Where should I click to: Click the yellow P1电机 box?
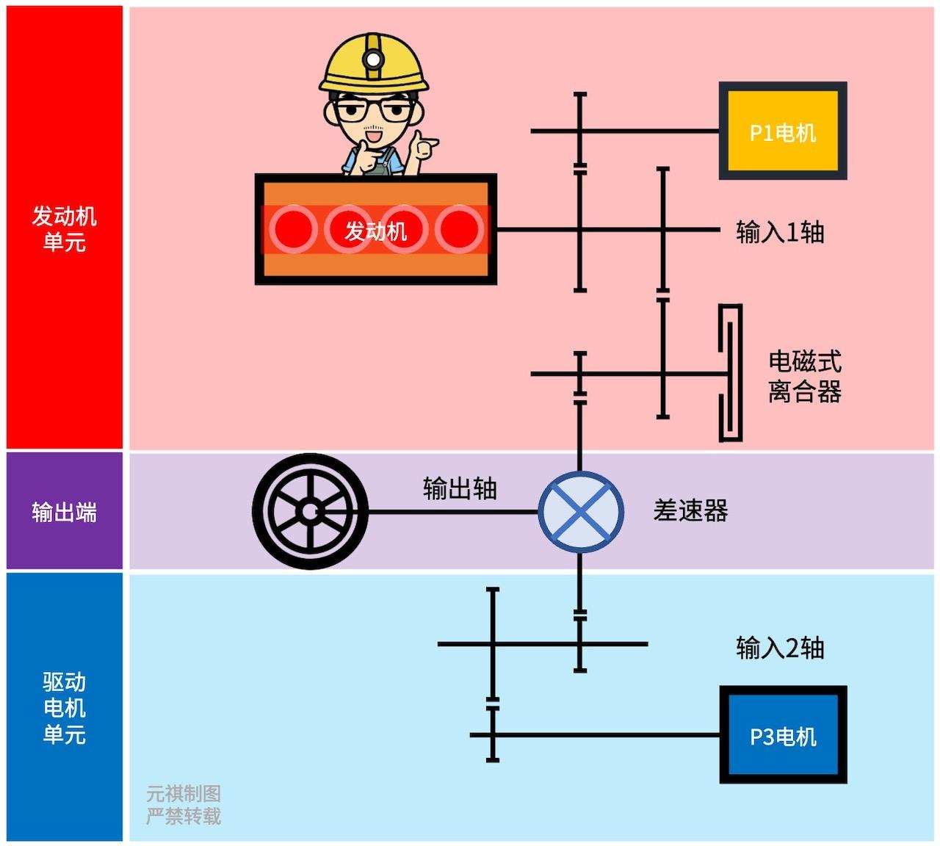pyautogui.click(x=783, y=131)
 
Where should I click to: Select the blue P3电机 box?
pyautogui.click(x=783, y=735)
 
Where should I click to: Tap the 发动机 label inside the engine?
pyautogui.click(x=376, y=231)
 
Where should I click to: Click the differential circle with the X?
pyautogui.click(x=581, y=512)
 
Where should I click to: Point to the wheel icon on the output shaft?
pyautogui.click(x=310, y=512)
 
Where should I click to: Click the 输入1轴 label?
pyautogui.click(x=780, y=232)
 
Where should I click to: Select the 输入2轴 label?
pyautogui.click(x=780, y=648)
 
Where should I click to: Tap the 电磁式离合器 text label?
pyautogui.click(x=804, y=376)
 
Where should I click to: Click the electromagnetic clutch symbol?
pyautogui.click(x=730, y=373)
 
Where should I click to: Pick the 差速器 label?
pyautogui.click(x=690, y=510)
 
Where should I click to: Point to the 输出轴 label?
pyautogui.click(x=460, y=488)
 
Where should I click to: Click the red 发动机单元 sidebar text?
pyautogui.click(x=64, y=228)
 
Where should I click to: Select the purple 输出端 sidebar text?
pyautogui.click(x=64, y=512)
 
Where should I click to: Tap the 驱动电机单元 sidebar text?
pyautogui.click(x=64, y=708)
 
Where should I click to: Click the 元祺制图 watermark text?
pyautogui.click(x=183, y=794)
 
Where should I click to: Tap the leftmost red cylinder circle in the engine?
pyautogui.click(x=292, y=230)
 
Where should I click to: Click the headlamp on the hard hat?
pyautogui.click(x=374, y=58)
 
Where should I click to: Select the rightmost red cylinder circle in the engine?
pyautogui.click(x=460, y=230)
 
